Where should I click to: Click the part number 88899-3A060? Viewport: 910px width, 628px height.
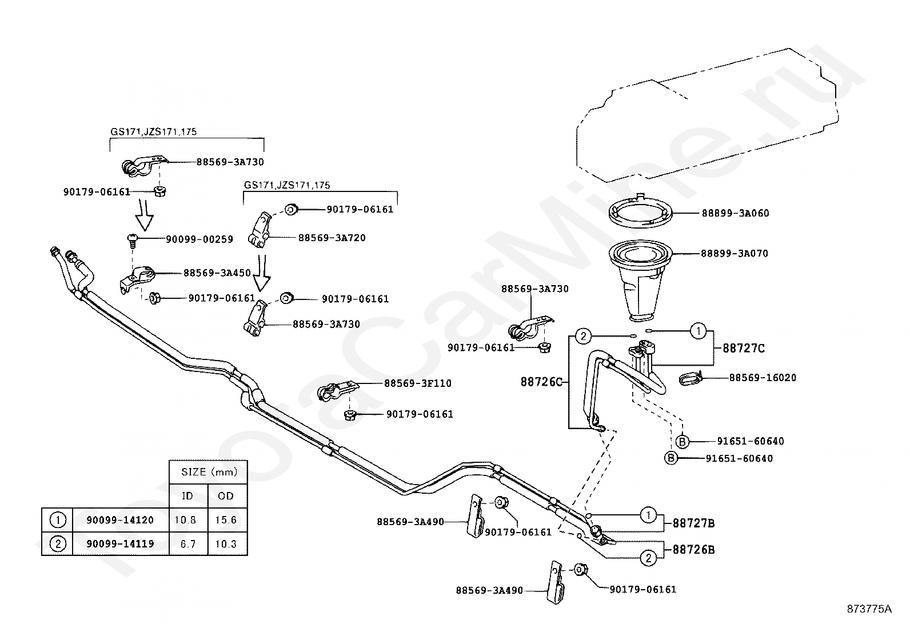(735, 213)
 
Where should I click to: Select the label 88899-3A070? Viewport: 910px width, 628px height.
(735, 254)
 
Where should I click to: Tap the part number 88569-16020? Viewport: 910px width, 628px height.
(763, 377)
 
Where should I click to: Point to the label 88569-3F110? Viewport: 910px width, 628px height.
(418, 383)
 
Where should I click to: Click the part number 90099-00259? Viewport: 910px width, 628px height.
(199, 239)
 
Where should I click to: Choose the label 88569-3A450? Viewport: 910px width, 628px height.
(217, 273)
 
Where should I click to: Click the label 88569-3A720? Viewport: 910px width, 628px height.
(332, 238)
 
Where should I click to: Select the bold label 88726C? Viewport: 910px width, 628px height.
(541, 382)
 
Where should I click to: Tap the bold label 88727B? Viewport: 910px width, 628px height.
(693, 523)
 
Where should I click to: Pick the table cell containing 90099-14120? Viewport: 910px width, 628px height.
(121, 520)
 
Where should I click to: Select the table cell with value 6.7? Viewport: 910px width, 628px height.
(188, 544)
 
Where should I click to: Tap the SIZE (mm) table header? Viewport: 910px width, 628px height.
(209, 472)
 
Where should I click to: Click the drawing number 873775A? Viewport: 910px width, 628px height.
(869, 609)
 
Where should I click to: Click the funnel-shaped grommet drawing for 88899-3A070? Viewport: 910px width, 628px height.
(640, 280)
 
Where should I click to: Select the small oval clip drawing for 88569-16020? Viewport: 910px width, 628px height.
(690, 379)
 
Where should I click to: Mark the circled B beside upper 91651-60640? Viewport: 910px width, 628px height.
(682, 442)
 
